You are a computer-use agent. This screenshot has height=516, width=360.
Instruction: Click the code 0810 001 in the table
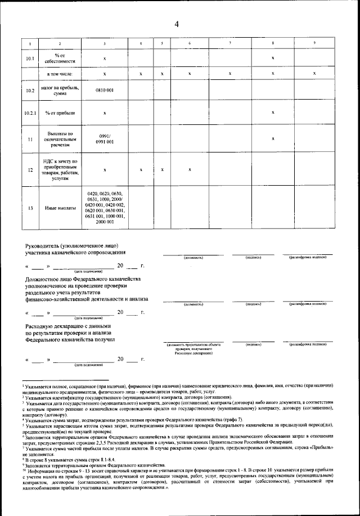(x=105, y=90)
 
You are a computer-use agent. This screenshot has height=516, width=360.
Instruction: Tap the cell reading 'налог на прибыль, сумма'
(x=60, y=90)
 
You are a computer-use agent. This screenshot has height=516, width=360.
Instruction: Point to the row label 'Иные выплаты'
(x=60, y=208)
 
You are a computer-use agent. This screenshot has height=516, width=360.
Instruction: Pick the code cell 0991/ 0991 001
(x=105, y=139)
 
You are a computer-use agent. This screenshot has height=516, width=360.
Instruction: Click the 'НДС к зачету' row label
(x=60, y=169)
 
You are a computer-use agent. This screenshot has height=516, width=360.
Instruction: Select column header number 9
(x=314, y=44)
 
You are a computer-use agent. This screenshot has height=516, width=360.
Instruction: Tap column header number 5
(x=161, y=44)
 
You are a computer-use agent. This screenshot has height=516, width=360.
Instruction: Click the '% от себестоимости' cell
(x=60, y=58)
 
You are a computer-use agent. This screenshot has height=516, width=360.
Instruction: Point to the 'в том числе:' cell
(x=60, y=74)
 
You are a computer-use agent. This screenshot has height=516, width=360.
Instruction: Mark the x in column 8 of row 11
(x=273, y=138)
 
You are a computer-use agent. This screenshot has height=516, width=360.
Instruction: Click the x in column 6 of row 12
(x=190, y=169)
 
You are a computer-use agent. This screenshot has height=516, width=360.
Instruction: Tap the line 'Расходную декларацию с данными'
(x=69, y=326)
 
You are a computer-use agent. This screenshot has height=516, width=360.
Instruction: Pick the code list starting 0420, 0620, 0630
(x=105, y=208)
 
